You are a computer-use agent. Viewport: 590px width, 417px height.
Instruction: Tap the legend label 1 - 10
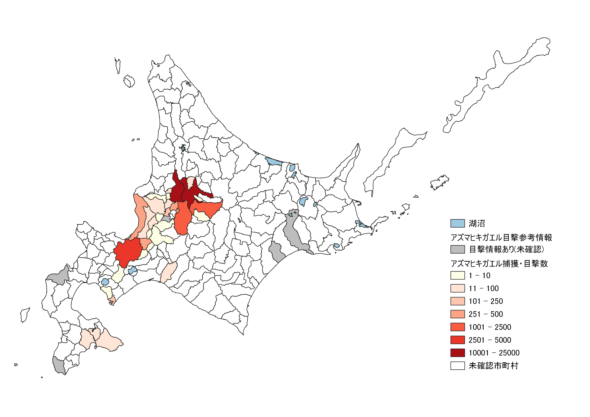[479, 276]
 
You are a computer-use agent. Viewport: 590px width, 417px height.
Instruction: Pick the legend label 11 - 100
[483, 288]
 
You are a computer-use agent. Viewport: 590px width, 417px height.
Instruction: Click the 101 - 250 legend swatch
[457, 301]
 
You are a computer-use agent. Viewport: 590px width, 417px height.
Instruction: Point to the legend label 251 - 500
[485, 314]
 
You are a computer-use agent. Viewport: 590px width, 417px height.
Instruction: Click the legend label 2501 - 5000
[490, 340]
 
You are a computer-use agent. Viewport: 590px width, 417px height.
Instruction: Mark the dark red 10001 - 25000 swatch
[457, 353]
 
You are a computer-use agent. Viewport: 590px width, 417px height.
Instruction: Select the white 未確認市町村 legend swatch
[457, 366]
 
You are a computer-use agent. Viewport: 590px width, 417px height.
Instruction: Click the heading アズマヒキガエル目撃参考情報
[501, 238]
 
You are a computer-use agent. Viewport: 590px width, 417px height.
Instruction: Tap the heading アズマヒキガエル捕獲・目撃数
[499, 263]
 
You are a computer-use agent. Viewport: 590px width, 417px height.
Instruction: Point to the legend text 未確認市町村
[493, 366]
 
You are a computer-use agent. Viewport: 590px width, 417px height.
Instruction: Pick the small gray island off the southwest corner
[16, 365]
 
